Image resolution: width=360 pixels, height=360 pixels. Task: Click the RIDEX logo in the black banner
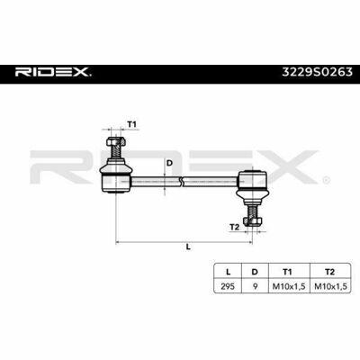coord(53,72)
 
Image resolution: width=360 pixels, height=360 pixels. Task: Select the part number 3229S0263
coord(317,72)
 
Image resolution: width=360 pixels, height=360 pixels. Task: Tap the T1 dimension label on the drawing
coord(132,124)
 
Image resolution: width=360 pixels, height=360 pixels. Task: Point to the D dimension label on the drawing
coord(169,163)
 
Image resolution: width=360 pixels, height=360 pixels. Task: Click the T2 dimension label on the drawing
coord(234,227)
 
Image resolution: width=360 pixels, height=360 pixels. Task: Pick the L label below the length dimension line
coord(188,247)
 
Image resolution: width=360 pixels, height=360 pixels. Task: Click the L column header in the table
coord(228,272)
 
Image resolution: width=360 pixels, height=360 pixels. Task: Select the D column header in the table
coord(255,272)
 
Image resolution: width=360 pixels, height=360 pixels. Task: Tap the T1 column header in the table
coord(287,272)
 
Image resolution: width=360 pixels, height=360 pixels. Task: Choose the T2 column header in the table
coord(329,272)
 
